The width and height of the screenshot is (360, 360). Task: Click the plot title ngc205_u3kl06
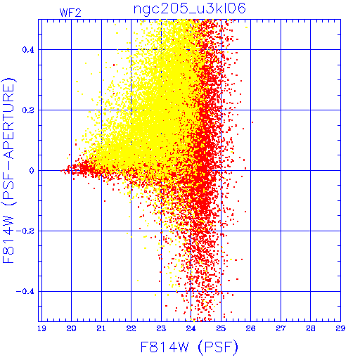[x=190, y=9]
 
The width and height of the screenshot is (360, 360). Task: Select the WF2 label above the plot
[x=70, y=13]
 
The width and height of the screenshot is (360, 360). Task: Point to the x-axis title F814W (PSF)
[x=189, y=347]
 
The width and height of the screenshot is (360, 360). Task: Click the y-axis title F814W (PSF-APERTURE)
[x=8, y=171]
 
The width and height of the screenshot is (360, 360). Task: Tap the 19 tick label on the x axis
[x=41, y=328]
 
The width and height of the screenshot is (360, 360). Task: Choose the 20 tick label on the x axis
[x=71, y=328]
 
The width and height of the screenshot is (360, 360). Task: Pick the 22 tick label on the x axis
[x=131, y=328]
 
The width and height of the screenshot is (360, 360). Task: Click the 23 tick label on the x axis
[x=161, y=328]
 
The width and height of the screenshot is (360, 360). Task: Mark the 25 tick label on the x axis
[x=221, y=328]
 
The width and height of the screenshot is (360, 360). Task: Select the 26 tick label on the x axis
[x=250, y=328]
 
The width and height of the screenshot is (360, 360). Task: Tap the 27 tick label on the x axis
[x=281, y=328]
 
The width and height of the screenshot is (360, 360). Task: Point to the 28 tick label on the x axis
[x=311, y=328]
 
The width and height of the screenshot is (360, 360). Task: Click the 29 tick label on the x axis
[x=340, y=328]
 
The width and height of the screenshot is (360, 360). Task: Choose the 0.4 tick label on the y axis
[x=28, y=50]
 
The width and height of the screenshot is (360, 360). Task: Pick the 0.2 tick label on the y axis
[x=28, y=110]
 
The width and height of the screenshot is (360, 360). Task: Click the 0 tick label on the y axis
[x=32, y=171]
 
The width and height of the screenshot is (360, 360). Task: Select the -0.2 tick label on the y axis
[x=25, y=231]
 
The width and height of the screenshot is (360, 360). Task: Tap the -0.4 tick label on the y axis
[x=25, y=292]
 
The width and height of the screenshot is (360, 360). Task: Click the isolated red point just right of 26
[x=252, y=122]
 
